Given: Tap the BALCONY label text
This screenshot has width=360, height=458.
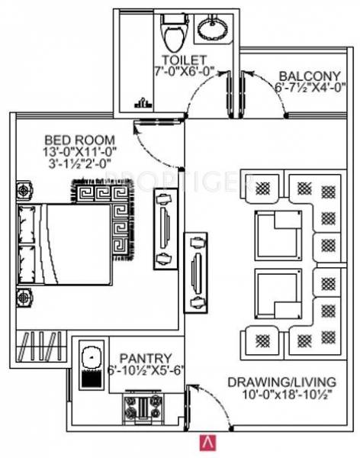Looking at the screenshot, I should pos(308,76).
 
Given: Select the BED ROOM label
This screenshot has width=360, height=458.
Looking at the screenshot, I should pos(79,140).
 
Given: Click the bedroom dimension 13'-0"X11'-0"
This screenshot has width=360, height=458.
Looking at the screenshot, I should pos(80,153).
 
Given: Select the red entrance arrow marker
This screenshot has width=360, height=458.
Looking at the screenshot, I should pos(205,440).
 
